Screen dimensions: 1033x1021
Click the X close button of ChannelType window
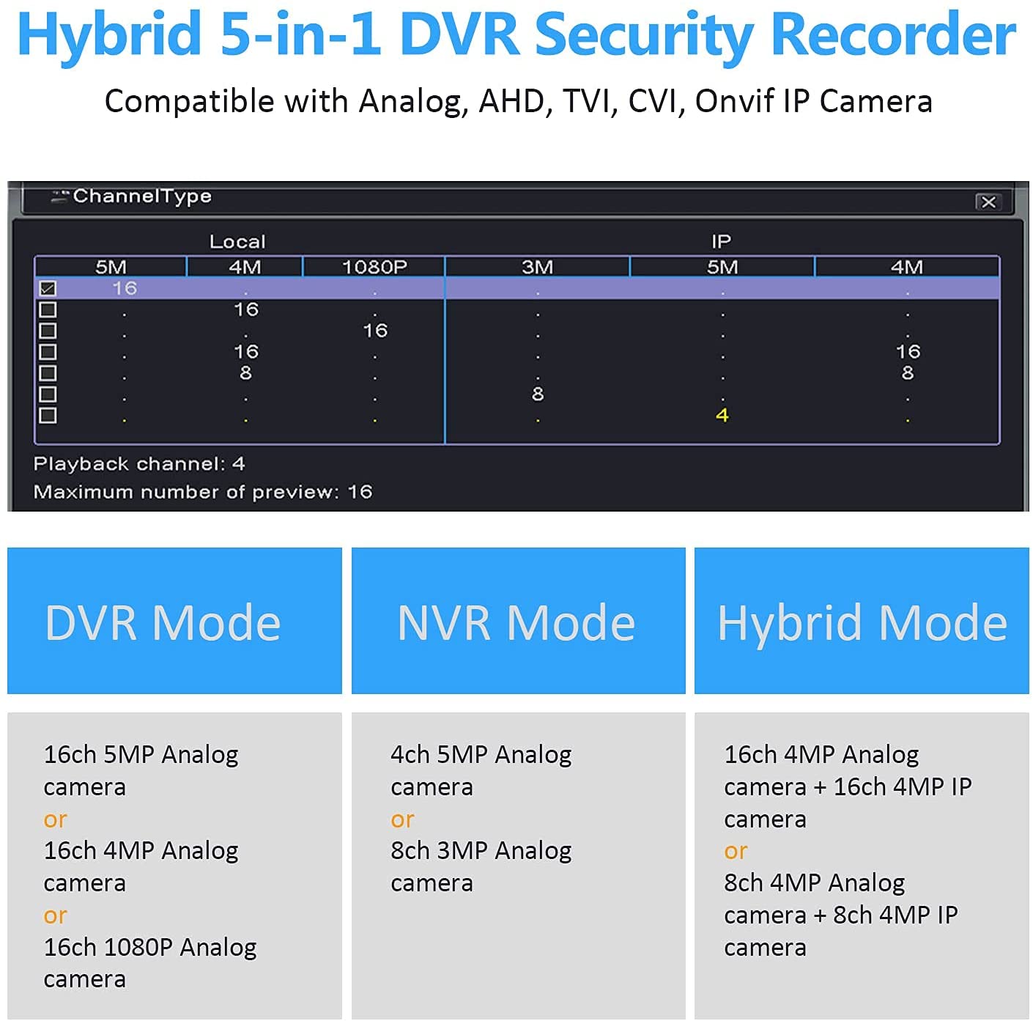[988, 202]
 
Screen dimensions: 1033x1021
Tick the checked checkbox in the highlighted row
[48, 289]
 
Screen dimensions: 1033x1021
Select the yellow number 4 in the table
[722, 415]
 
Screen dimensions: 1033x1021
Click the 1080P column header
[374, 267]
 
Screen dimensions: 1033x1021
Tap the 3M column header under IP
[537, 267]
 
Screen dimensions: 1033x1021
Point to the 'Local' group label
[237, 241]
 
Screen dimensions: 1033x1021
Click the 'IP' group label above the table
[721, 241]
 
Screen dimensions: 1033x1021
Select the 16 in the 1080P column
[374, 331]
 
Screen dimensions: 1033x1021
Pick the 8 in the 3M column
[538, 394]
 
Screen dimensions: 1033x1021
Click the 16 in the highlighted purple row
[125, 288]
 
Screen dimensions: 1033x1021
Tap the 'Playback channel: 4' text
[139, 463]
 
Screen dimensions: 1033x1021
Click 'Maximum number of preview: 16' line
[203, 492]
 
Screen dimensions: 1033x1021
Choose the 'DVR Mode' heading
[163, 622]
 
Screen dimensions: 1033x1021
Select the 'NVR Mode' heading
[516, 622]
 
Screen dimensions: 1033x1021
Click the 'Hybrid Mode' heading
[862, 624]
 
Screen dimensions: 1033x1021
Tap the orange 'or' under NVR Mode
[402, 819]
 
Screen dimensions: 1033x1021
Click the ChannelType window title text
[142, 196]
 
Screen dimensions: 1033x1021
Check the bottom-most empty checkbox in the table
[48, 416]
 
